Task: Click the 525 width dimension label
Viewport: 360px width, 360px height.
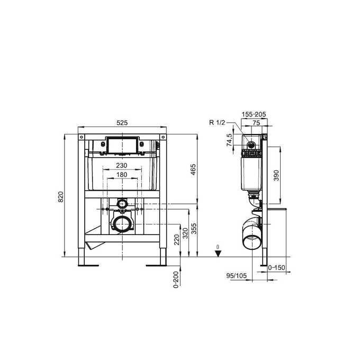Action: [x=122, y=122]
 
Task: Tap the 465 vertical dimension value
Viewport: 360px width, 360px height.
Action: [x=193, y=169]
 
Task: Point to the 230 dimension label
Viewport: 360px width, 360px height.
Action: [x=122, y=165]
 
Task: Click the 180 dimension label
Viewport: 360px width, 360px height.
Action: [x=122, y=175]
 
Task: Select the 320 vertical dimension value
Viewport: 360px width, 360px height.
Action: [x=185, y=233]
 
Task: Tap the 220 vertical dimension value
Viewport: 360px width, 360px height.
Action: [x=176, y=240]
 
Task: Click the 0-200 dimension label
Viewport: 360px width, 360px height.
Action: [x=176, y=277]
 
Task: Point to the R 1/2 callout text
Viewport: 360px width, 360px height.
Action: [x=217, y=123]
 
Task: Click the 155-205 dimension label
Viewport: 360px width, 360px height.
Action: [x=254, y=114]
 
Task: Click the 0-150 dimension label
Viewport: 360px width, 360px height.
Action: [x=277, y=268]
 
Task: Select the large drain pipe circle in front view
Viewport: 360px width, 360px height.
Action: [x=122, y=223]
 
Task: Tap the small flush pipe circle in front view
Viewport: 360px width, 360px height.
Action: [x=122, y=203]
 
